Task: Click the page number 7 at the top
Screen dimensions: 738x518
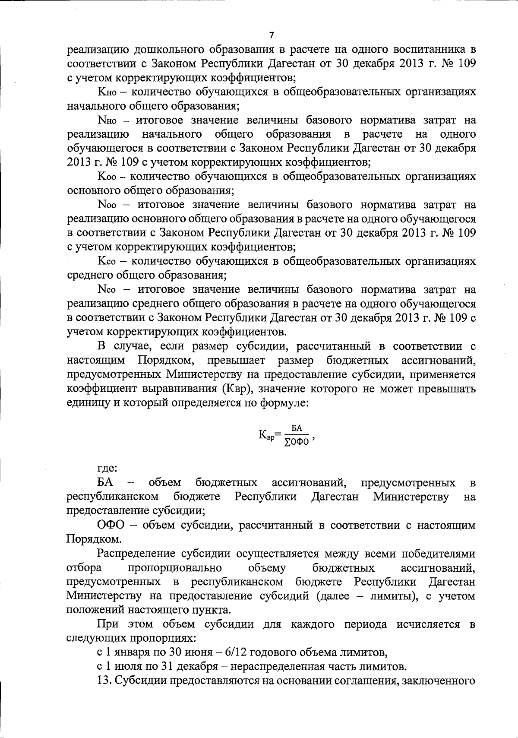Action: (x=272, y=35)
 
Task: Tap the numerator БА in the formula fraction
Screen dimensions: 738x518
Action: (x=296, y=428)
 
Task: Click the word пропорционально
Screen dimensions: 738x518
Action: (x=175, y=567)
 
